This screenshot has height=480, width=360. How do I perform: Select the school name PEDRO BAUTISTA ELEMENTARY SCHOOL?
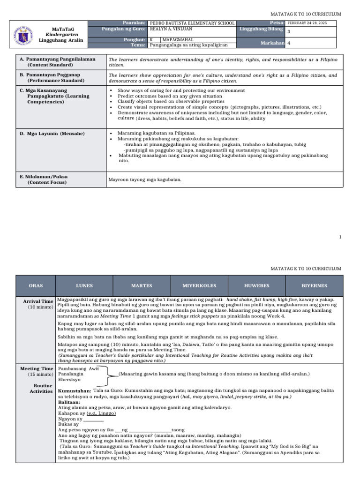(192, 23)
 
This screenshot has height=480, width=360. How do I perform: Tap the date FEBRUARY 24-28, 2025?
(307, 23)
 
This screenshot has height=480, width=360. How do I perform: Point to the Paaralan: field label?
(134, 22)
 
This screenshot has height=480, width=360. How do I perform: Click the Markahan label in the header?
(272, 43)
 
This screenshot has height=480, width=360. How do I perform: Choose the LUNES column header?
(84, 285)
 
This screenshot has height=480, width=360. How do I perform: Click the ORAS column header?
(36, 285)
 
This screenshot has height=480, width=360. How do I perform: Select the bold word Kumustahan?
(74, 390)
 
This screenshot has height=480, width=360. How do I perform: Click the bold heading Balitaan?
(69, 402)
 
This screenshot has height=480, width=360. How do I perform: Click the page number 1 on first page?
(340, 237)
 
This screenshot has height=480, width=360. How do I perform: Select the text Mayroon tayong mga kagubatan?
(145, 179)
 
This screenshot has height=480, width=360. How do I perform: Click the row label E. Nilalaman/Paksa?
(44, 177)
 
